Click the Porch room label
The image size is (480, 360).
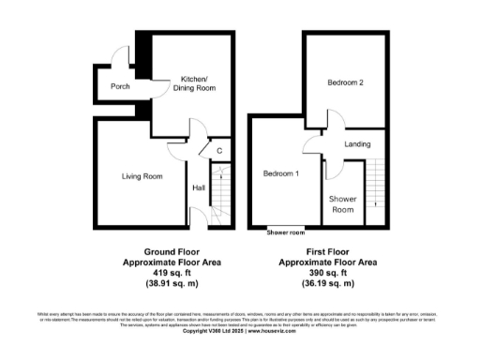pyautogui.click(x=120, y=86)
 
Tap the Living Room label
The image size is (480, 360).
pyautogui.click(x=142, y=176)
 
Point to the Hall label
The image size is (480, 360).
pyautogui.click(x=199, y=187)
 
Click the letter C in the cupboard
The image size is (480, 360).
pyautogui.click(x=219, y=150)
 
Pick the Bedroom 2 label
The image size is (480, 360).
pyautogui.click(x=345, y=83)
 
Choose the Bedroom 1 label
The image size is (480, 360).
pyautogui.click(x=280, y=174)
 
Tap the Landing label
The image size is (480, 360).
pyautogui.click(x=357, y=144)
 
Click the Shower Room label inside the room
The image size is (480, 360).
pyautogui.click(x=344, y=204)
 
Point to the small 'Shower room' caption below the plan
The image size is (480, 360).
pyautogui.click(x=286, y=232)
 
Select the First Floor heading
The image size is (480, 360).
pyautogui.click(x=329, y=251)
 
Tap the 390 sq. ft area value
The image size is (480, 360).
pyautogui.click(x=329, y=272)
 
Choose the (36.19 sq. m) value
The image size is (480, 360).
pyautogui.click(x=329, y=282)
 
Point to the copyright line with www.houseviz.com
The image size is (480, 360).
pyautogui.click(x=240, y=330)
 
